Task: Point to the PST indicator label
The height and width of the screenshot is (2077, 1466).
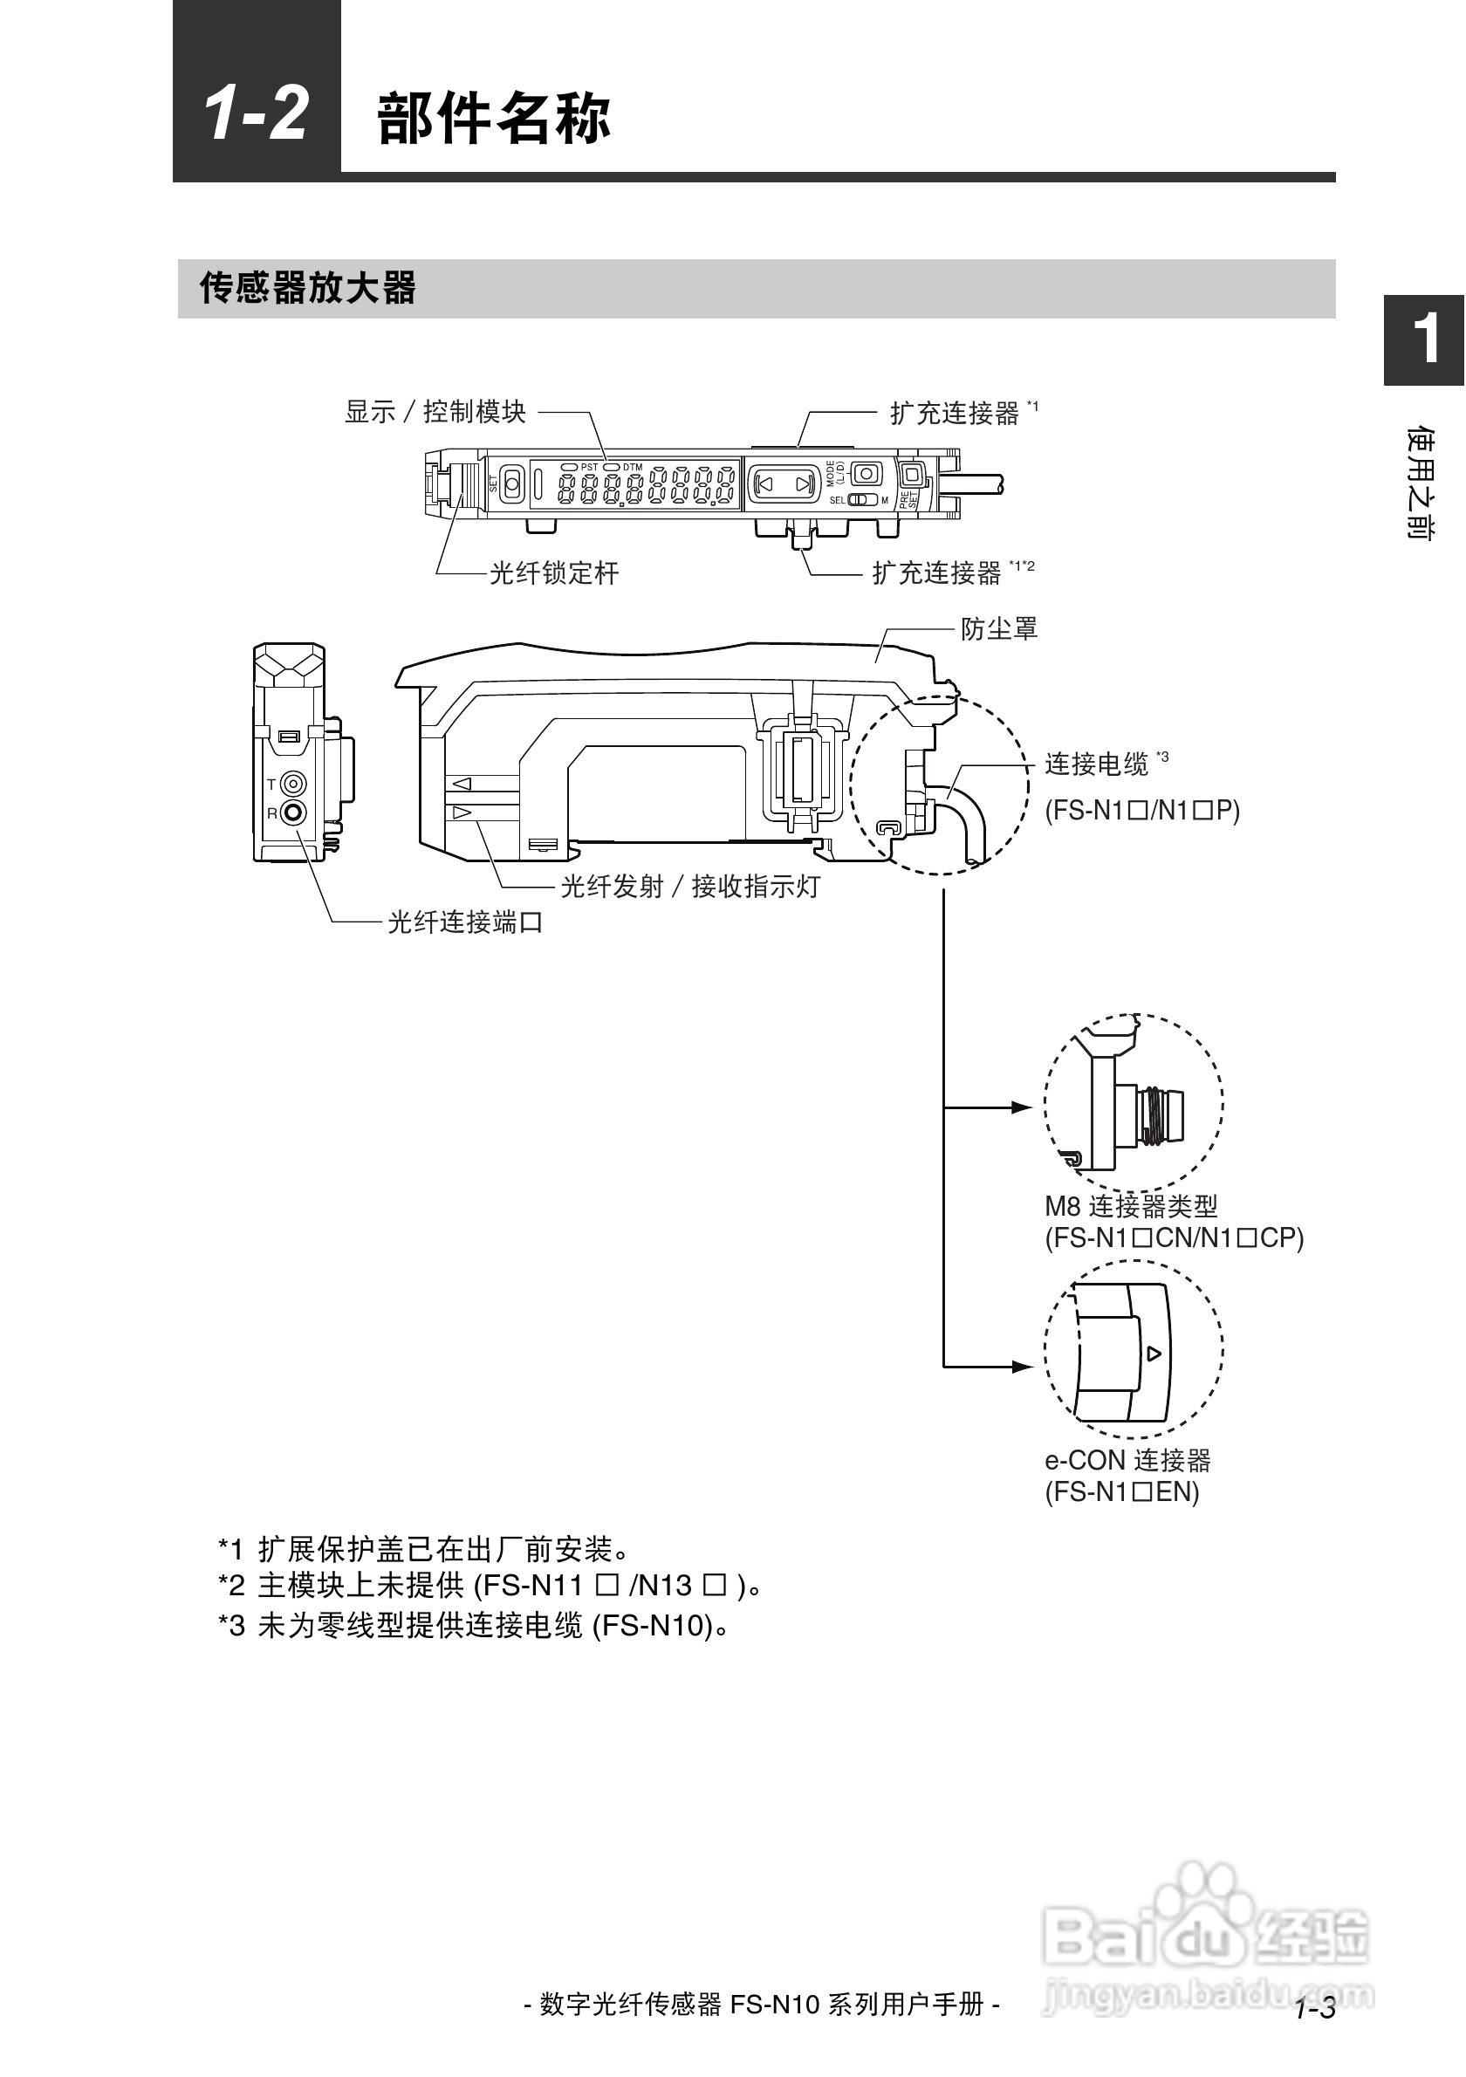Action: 589,467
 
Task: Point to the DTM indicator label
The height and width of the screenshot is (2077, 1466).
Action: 632,467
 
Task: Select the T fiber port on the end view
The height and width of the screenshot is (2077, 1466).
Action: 294,784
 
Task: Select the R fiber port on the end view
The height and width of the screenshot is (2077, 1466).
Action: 294,813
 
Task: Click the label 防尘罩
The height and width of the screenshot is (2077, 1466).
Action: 999,628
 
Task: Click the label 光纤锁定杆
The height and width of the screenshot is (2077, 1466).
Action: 554,572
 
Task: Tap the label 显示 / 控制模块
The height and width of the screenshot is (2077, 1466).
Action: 436,412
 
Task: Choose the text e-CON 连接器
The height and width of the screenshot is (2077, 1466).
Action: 1127,1460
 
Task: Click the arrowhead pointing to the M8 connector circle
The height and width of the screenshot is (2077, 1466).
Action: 1021,1107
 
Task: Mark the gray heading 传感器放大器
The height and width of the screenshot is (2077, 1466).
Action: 307,288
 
